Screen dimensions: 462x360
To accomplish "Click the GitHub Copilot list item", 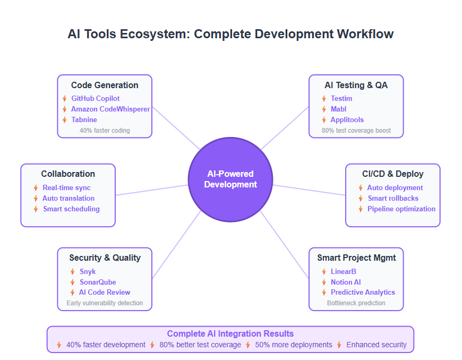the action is click(x=96, y=98).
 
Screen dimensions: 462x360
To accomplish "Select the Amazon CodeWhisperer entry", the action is click(x=110, y=109).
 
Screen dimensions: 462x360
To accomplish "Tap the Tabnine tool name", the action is click(x=84, y=119).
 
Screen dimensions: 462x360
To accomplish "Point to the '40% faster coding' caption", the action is click(x=105, y=130).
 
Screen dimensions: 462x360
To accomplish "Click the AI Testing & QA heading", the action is click(x=356, y=85).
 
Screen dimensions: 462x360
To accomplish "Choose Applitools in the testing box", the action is click(x=347, y=119).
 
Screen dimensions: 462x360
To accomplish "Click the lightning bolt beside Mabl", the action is click(x=324, y=109).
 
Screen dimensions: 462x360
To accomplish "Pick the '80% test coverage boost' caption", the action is click(x=356, y=130).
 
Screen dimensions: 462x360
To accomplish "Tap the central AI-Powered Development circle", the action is click(x=230, y=179).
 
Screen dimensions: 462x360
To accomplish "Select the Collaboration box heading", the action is click(x=68, y=174).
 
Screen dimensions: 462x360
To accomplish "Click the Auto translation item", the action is click(x=69, y=198).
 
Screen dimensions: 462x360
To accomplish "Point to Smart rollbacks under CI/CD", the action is click(x=393, y=198).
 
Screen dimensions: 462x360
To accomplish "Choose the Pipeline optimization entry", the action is click(x=401, y=209).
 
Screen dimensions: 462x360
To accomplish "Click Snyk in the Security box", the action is click(x=88, y=271).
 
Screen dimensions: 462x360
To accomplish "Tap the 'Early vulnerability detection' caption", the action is click(x=105, y=303).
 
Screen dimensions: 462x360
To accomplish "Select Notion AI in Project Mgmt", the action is click(x=346, y=282).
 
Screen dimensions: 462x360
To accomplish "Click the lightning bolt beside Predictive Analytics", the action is click(x=324, y=292).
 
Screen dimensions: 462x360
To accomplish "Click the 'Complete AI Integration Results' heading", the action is click(x=230, y=333).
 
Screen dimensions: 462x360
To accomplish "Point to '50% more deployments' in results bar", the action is click(x=294, y=345).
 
